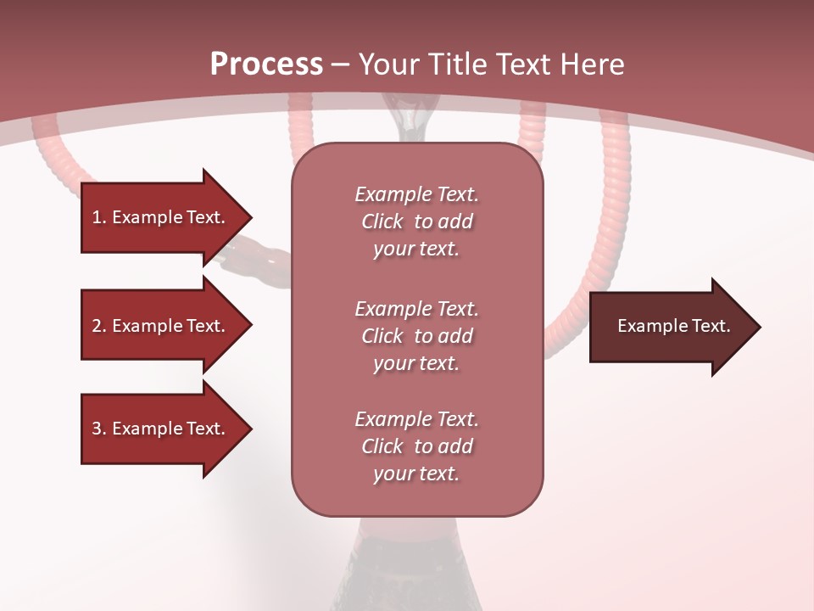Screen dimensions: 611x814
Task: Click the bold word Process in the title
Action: [266, 64]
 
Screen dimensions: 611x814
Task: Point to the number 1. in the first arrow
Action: [98, 217]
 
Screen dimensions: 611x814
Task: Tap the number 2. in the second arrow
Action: [98, 326]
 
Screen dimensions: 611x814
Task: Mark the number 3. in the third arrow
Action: [98, 429]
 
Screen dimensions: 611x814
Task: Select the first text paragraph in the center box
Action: [416, 221]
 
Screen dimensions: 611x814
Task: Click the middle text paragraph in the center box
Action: [416, 336]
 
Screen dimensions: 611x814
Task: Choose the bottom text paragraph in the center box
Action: [416, 446]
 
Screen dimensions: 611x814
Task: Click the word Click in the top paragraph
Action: [382, 221]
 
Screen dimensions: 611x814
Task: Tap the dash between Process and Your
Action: [341, 64]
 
